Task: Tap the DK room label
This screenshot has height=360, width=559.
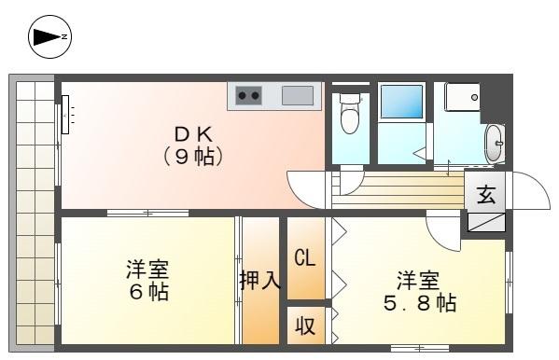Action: click(x=194, y=132)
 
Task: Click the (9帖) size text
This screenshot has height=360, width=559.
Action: click(x=194, y=156)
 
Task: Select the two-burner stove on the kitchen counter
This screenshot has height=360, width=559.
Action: click(x=248, y=95)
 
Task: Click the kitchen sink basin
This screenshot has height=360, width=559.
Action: click(x=298, y=95)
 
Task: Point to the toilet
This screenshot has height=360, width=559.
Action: click(x=351, y=116)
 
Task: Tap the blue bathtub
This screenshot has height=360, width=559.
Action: click(x=401, y=103)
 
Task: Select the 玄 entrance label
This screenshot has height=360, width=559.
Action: click(x=486, y=195)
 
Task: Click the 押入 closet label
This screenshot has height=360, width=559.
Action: click(x=260, y=281)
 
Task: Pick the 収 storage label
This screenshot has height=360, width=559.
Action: click(x=305, y=326)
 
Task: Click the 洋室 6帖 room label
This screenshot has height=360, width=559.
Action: click(x=147, y=280)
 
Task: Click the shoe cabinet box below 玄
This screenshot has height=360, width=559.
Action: click(x=486, y=222)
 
